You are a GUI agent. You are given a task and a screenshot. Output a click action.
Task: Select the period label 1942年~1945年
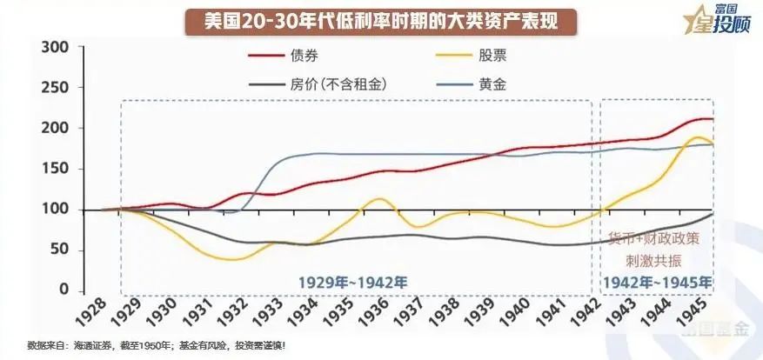tap(656, 282)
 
